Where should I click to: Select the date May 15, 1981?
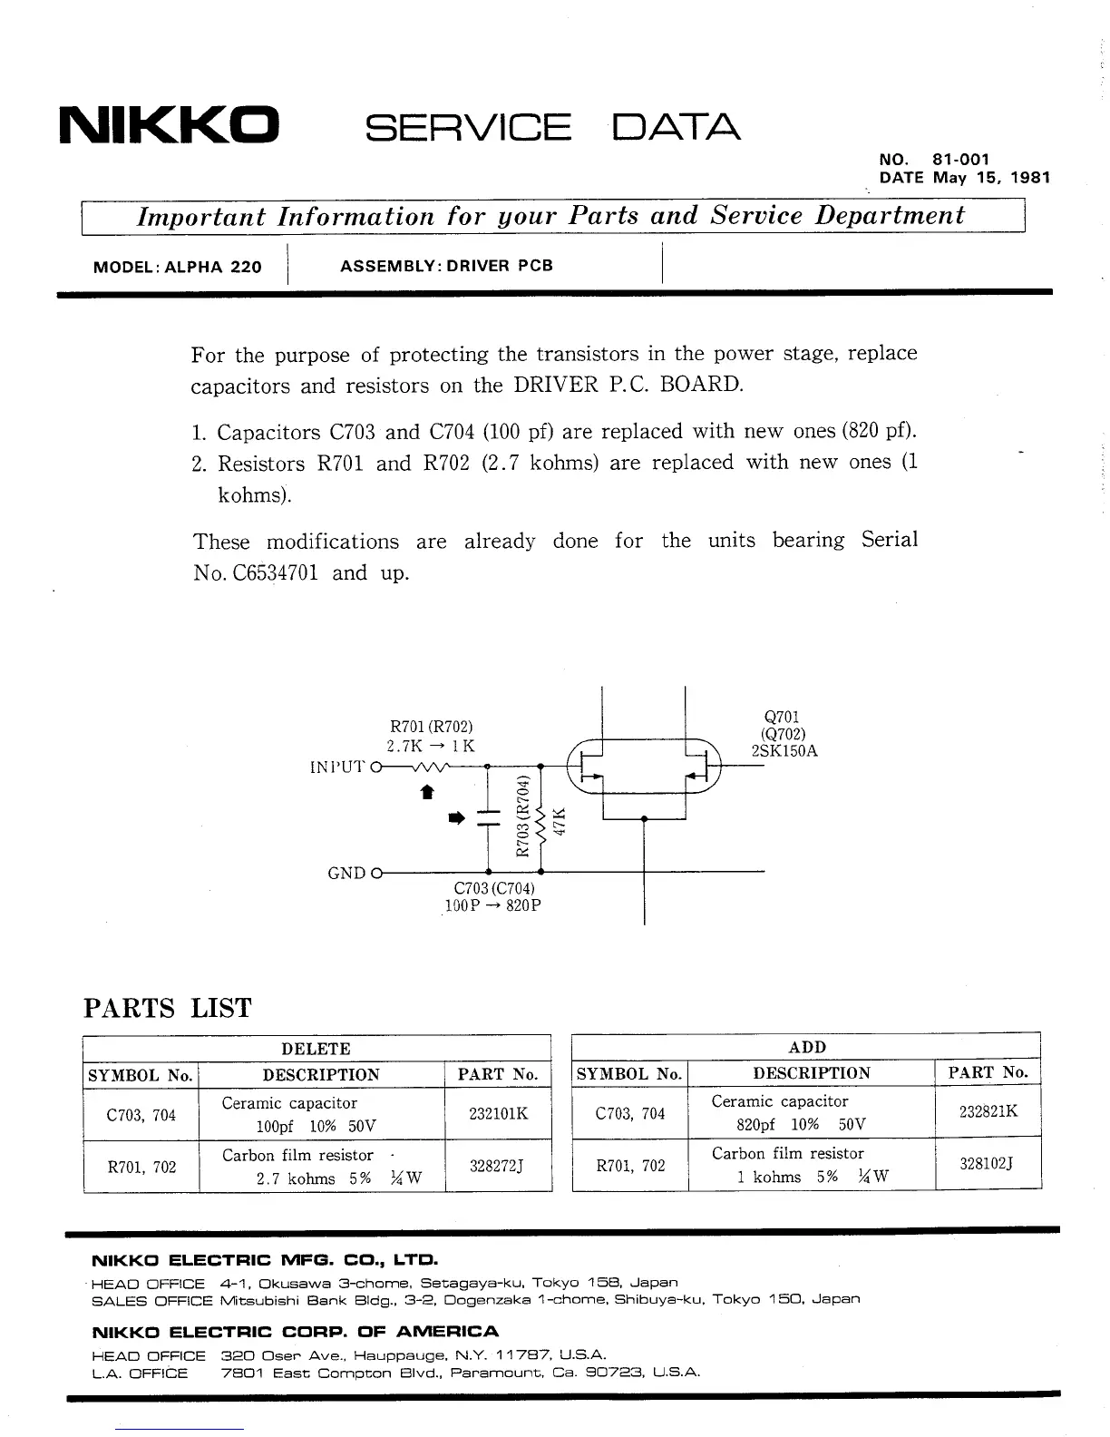tap(991, 178)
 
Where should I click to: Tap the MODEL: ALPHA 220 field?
tap(178, 267)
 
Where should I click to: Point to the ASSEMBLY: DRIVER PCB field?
tap(446, 266)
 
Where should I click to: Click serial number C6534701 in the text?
tap(269, 574)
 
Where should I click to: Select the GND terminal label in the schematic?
tap(347, 873)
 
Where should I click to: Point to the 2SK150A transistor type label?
tap(784, 751)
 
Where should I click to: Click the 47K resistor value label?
tap(559, 821)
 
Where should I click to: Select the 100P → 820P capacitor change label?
tap(493, 905)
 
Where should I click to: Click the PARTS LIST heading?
tap(167, 1008)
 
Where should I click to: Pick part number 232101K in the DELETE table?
tap(498, 1114)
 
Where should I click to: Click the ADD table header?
tap(807, 1047)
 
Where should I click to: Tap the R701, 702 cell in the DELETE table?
tap(141, 1167)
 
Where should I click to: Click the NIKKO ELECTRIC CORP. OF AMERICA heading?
tap(296, 1332)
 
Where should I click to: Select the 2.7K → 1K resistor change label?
tap(431, 746)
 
